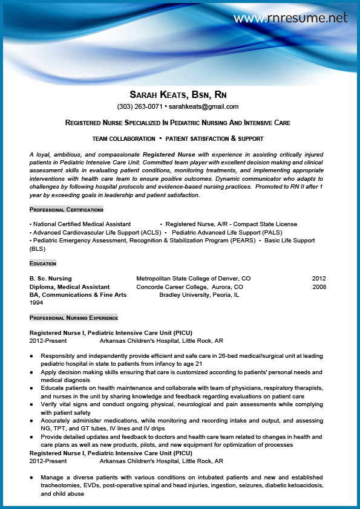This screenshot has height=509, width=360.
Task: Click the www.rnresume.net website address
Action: tap(290, 18)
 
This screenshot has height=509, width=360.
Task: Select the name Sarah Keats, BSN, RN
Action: tap(178, 95)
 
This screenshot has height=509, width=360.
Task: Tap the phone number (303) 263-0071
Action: tap(140, 107)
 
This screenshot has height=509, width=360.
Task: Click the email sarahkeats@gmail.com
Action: tap(204, 107)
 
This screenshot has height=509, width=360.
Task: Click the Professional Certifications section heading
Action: tap(67, 209)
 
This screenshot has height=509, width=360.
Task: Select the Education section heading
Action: tap(42, 263)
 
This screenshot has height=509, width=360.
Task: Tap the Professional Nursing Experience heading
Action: tap(73, 317)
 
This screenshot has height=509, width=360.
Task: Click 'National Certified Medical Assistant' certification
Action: tap(81, 224)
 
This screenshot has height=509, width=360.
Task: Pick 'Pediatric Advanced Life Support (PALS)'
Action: tap(227, 232)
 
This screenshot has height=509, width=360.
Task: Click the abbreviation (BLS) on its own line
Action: tap(38, 248)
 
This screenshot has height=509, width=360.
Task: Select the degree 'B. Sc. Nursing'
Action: tap(51, 279)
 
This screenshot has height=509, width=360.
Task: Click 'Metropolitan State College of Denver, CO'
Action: tap(193, 279)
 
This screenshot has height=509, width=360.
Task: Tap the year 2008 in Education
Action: tap(319, 287)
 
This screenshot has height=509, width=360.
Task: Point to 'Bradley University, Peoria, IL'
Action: tap(199, 295)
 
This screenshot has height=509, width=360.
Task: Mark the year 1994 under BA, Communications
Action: tap(37, 302)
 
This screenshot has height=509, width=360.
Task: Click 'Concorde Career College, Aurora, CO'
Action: tap(189, 287)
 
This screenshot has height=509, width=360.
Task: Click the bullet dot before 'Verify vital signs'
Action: tap(31, 404)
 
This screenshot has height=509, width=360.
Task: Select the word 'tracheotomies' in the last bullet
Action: tap(60, 485)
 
